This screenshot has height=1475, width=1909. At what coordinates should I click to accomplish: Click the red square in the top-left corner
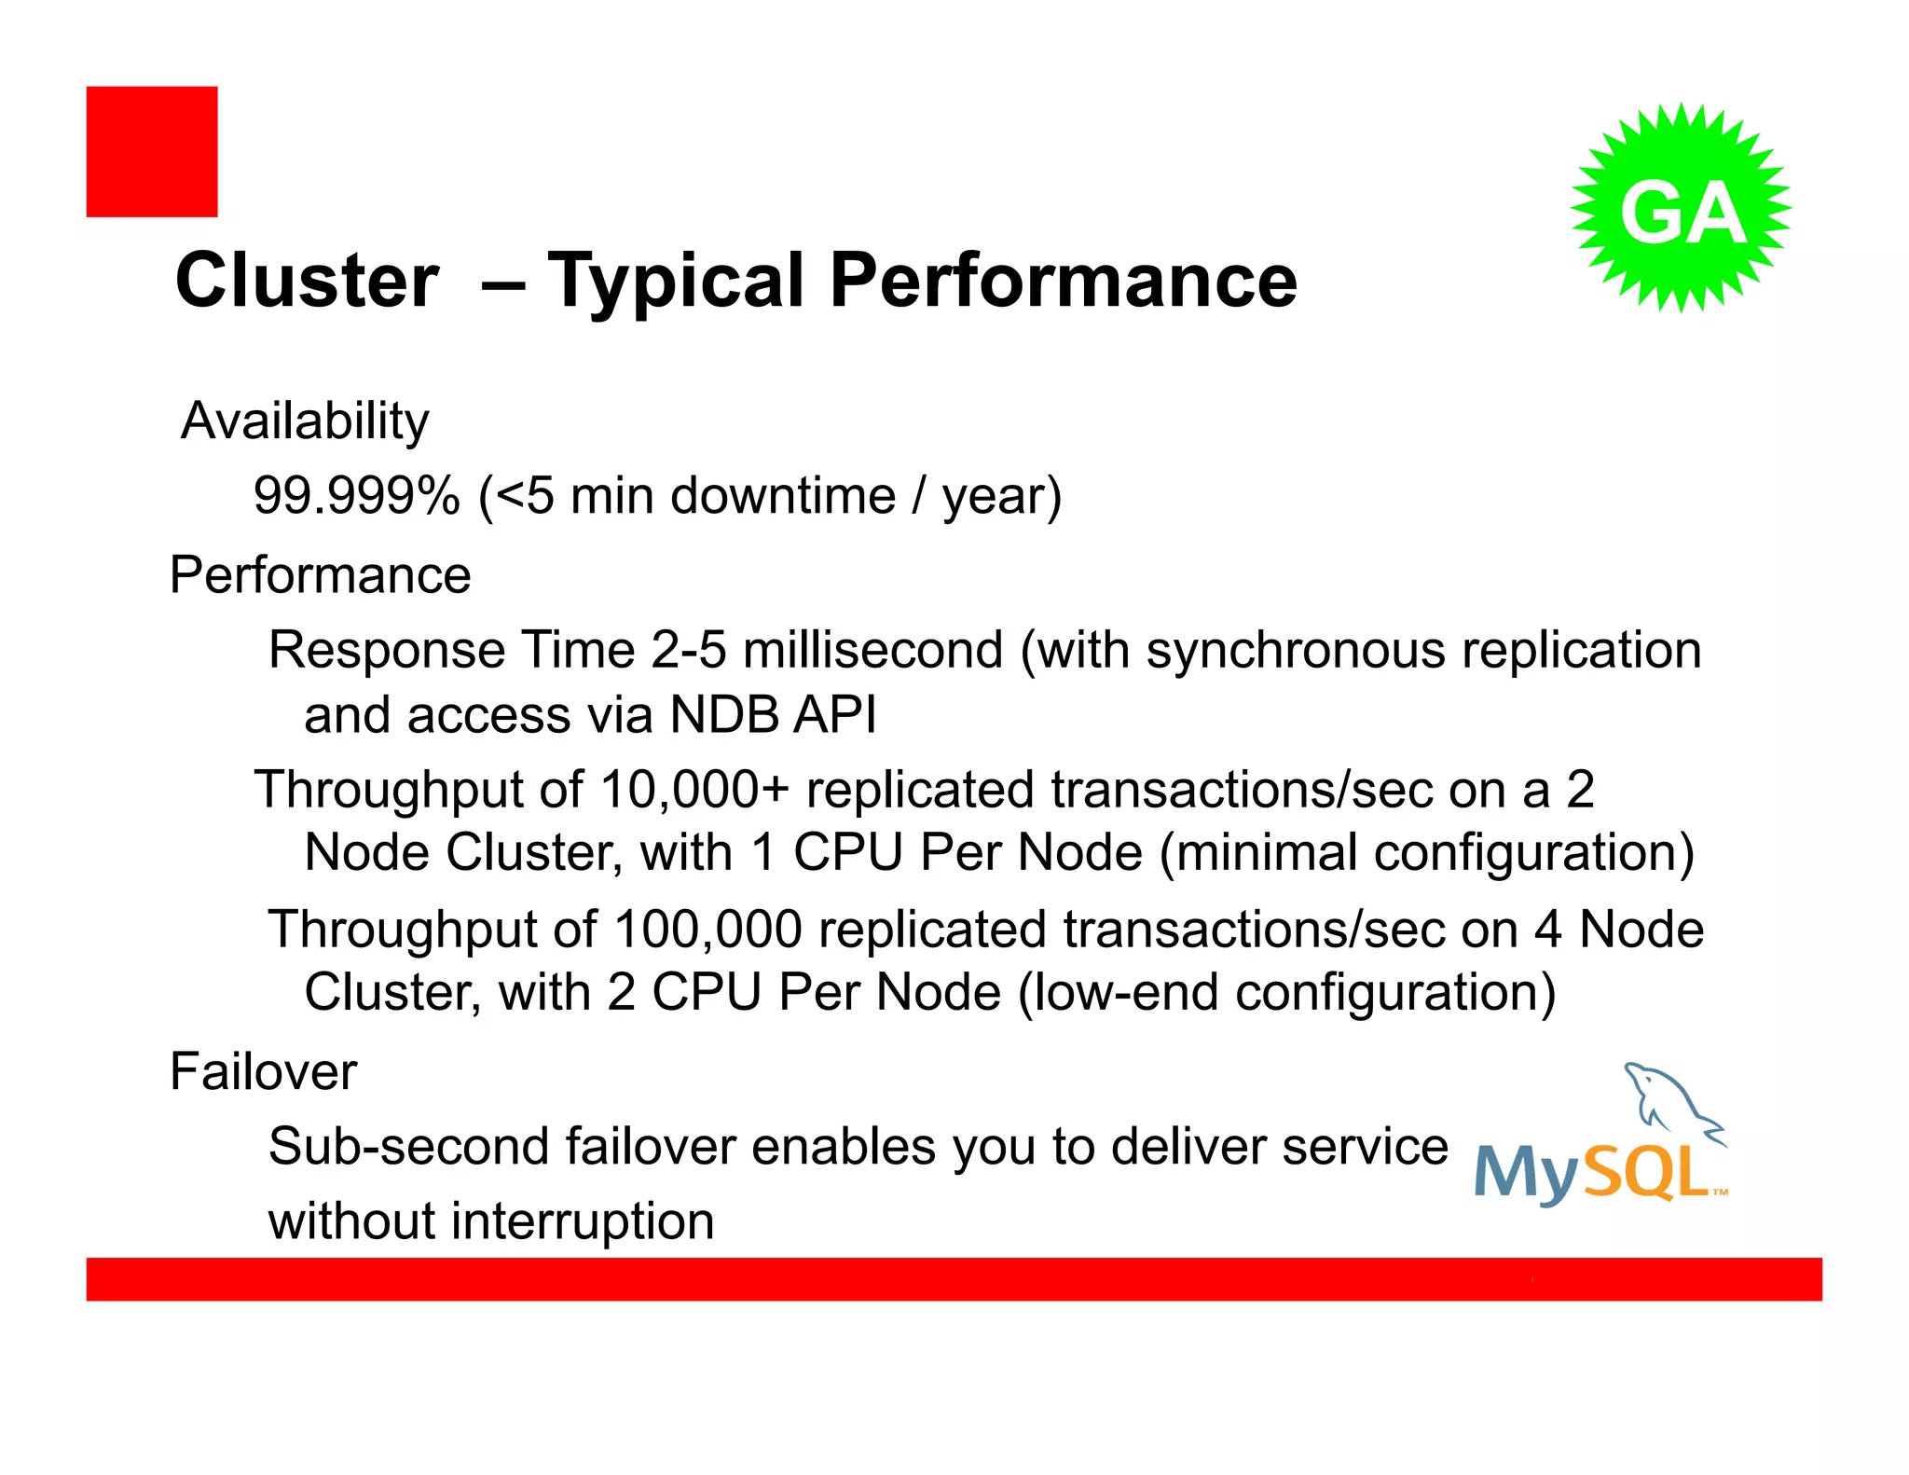152,152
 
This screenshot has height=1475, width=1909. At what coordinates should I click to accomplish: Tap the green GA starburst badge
1681,208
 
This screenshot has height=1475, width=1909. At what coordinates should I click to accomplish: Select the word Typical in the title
677,282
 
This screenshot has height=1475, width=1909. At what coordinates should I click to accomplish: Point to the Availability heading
305,421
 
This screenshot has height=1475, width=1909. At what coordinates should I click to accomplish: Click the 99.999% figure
357,495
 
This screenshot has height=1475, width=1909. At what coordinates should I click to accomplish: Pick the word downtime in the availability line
783,495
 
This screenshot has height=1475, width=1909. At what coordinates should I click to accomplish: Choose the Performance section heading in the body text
320,574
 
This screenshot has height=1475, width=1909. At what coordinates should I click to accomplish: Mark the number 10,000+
694,790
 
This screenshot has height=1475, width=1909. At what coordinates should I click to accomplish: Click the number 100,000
707,930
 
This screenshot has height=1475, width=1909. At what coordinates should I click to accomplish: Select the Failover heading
263,1071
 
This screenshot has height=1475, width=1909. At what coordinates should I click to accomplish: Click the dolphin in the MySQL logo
1669,1100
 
